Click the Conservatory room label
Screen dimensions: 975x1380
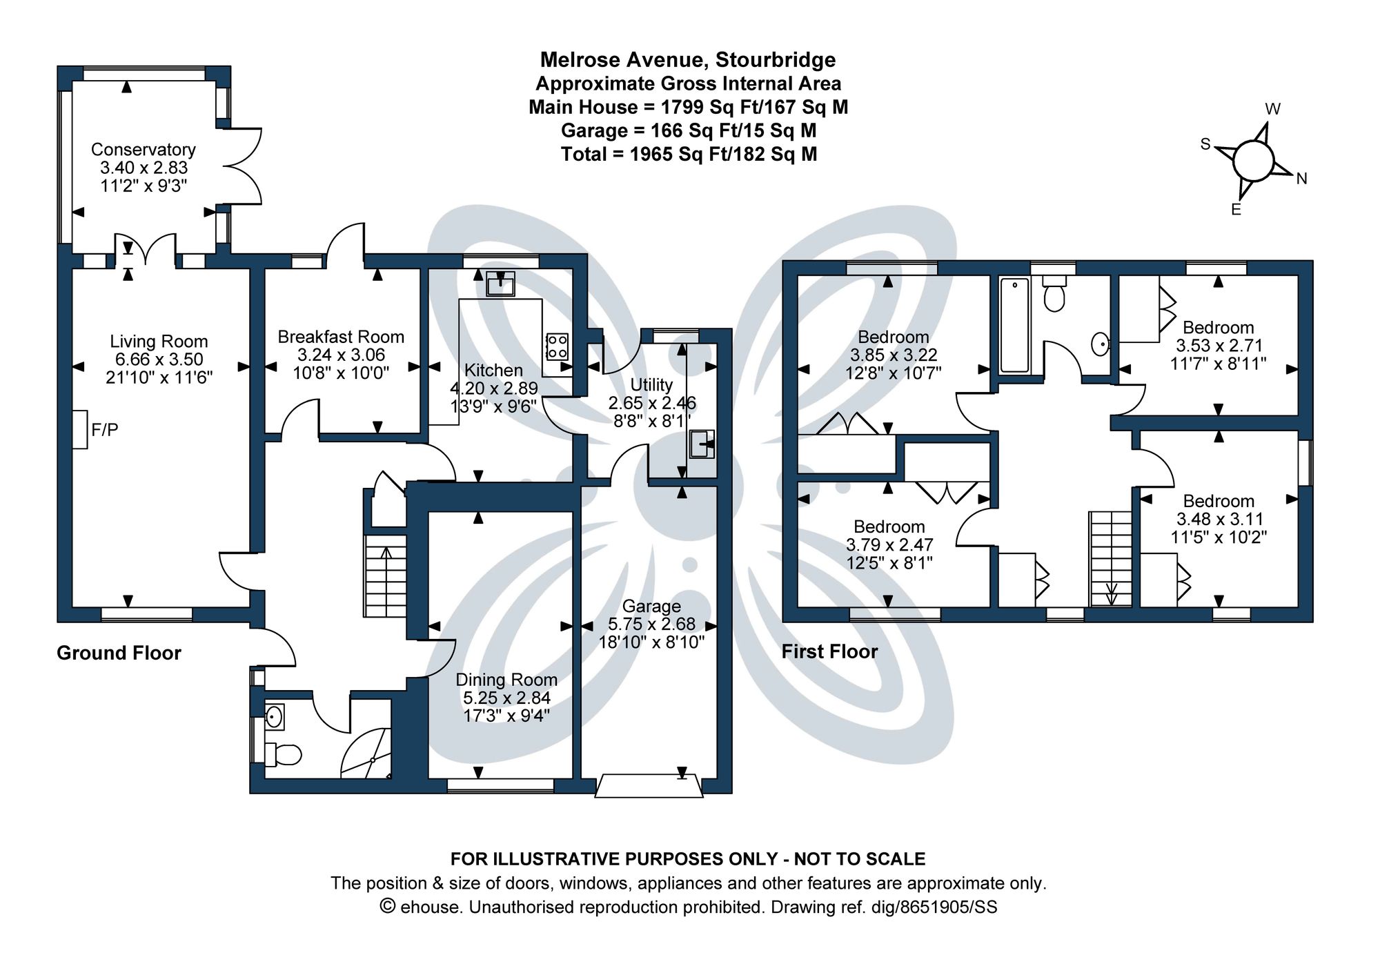point(144,150)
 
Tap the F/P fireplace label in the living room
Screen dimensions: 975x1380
point(105,430)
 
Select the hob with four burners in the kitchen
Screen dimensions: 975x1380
point(557,346)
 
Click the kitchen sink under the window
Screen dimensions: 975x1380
point(500,284)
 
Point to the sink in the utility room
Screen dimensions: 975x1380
point(702,444)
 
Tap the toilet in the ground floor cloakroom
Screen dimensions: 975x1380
point(284,754)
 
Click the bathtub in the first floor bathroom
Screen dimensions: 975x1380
point(1014,324)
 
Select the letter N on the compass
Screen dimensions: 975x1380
point(1301,179)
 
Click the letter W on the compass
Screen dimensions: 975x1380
point(1273,109)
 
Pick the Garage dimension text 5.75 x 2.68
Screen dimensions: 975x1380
point(651,624)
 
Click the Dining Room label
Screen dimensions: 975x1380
point(506,680)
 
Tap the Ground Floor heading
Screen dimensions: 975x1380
point(119,653)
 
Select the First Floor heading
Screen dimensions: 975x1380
point(829,651)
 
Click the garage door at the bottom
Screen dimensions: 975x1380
point(649,787)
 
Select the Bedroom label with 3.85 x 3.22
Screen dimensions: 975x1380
point(893,337)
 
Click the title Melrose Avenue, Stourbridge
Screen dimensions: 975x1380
point(687,60)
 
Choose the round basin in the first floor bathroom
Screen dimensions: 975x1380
point(1100,343)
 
